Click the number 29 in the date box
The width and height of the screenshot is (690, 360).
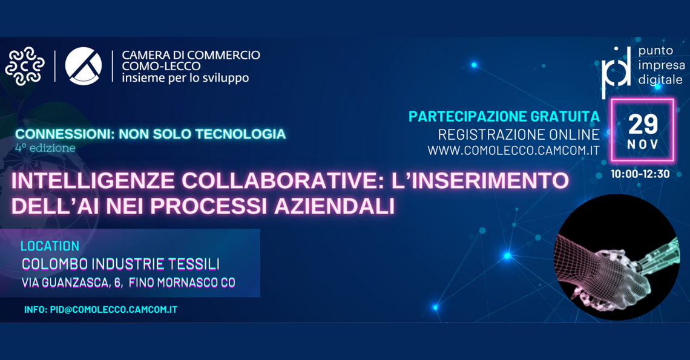pyautogui.click(x=643, y=124)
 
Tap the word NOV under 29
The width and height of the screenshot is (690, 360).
pyautogui.click(x=643, y=145)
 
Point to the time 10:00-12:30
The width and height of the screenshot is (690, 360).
pyautogui.click(x=640, y=174)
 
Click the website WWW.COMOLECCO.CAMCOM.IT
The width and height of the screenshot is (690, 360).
pyautogui.click(x=513, y=151)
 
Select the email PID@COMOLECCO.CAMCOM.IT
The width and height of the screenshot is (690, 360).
pyautogui.click(x=114, y=309)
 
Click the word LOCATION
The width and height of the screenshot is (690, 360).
pyautogui.click(x=50, y=246)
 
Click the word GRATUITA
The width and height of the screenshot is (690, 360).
pyautogui.click(x=565, y=116)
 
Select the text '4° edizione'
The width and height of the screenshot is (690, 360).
pyautogui.click(x=45, y=148)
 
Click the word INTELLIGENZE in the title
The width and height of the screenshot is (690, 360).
pyautogui.click(x=93, y=181)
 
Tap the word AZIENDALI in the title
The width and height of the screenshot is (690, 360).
pyautogui.click(x=334, y=206)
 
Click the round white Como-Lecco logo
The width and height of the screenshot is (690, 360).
pyautogui.click(x=83, y=66)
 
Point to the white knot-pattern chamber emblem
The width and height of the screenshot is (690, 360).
pyautogui.click(x=25, y=66)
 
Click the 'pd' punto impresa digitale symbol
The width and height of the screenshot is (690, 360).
pyautogui.click(x=617, y=72)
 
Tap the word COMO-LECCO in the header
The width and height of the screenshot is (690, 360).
pyautogui.click(x=161, y=67)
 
